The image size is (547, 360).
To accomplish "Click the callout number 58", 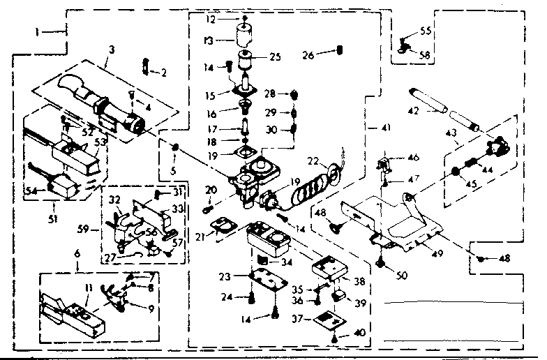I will [425, 53].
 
